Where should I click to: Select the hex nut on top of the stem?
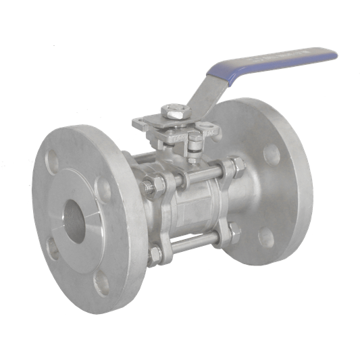[174, 113]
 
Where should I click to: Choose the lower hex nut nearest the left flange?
[156, 254]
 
